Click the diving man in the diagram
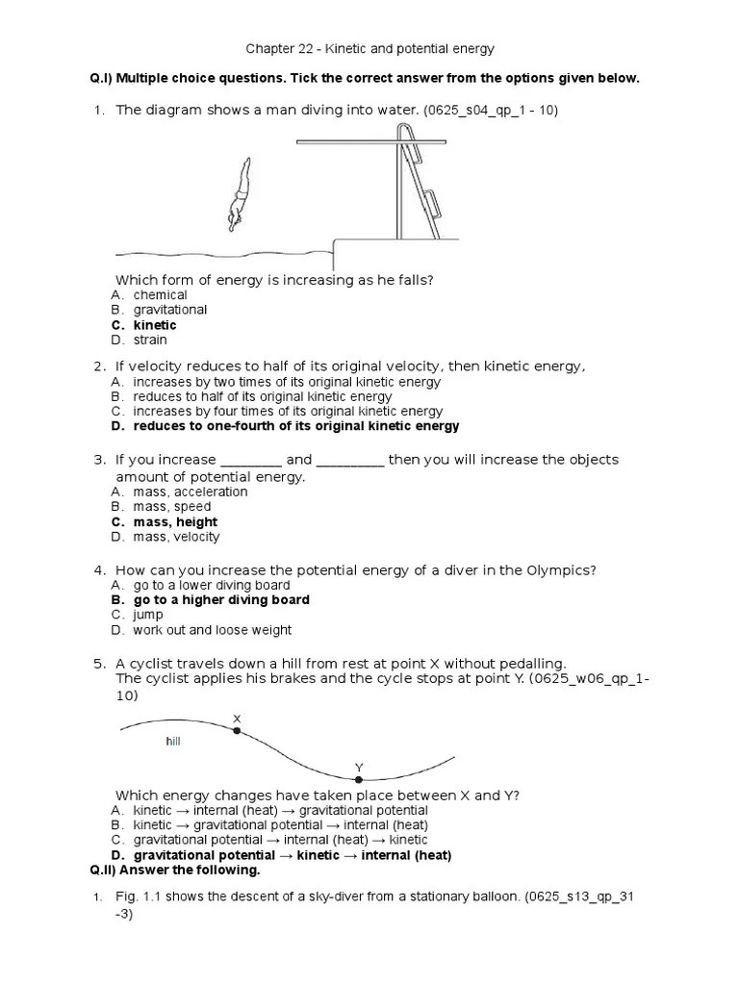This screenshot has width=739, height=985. (239, 196)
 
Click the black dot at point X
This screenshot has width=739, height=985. (237, 731)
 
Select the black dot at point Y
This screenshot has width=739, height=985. (359, 778)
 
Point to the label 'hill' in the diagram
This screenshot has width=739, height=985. (173, 742)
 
